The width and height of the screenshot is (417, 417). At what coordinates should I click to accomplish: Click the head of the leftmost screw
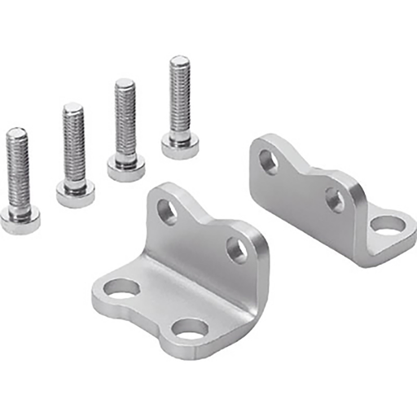tap(20, 218)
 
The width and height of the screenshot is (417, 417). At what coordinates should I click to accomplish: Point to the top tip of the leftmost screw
tap(16, 131)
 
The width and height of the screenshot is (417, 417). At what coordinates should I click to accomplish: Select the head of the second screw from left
tap(75, 194)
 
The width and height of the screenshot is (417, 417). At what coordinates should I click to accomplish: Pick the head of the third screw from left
tap(126, 168)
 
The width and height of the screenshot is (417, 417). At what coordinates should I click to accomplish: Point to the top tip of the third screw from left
tap(125, 82)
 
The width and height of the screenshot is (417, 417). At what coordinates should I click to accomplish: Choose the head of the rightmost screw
tap(181, 145)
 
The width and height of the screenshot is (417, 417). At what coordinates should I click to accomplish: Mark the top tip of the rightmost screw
tap(179, 59)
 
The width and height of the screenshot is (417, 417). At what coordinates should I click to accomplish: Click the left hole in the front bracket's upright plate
tap(167, 212)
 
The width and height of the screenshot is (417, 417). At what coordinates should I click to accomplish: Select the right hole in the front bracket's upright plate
tap(236, 249)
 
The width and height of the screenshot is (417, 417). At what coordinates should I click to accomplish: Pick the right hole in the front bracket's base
tap(191, 330)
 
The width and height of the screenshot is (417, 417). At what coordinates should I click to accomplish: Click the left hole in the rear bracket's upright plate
tap(268, 161)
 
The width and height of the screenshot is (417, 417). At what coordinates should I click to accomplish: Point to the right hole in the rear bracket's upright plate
tap(334, 199)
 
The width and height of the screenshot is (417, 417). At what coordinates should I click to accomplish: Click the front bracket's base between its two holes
tap(155, 305)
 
